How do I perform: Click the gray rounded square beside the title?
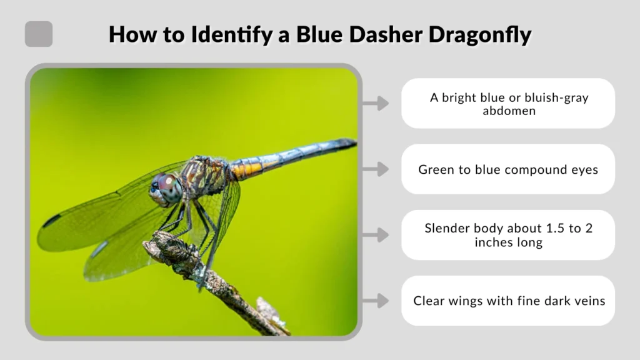39,34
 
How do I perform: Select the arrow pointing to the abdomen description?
376,103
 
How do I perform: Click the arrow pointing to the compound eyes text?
376,169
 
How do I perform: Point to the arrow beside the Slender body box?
376,235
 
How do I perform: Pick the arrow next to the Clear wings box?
376,301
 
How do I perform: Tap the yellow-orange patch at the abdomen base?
247,169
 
